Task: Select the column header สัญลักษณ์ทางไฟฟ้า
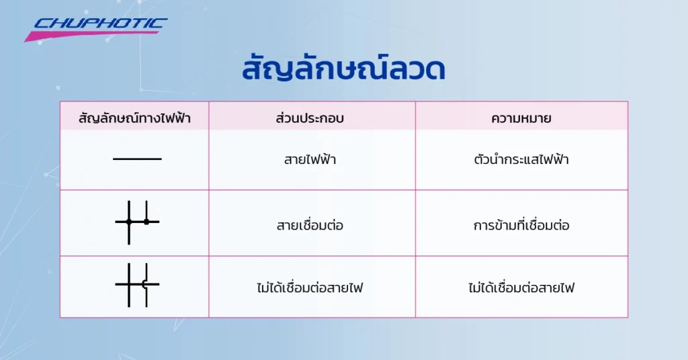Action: tap(134, 119)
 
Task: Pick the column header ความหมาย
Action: tap(521, 119)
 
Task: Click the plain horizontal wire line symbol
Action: tap(137, 159)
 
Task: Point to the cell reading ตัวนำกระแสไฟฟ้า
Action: tap(521, 161)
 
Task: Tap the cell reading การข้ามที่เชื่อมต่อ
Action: tap(521, 226)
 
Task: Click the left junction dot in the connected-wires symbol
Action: tap(128, 222)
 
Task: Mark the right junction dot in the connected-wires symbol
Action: tap(146, 222)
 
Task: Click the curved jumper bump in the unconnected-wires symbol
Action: tap(144, 284)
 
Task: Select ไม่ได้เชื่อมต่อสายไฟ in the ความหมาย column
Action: tap(521, 289)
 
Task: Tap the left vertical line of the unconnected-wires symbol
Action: tap(128, 285)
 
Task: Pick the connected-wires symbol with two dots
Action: tap(137, 222)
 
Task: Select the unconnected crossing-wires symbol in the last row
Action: tap(137, 285)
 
